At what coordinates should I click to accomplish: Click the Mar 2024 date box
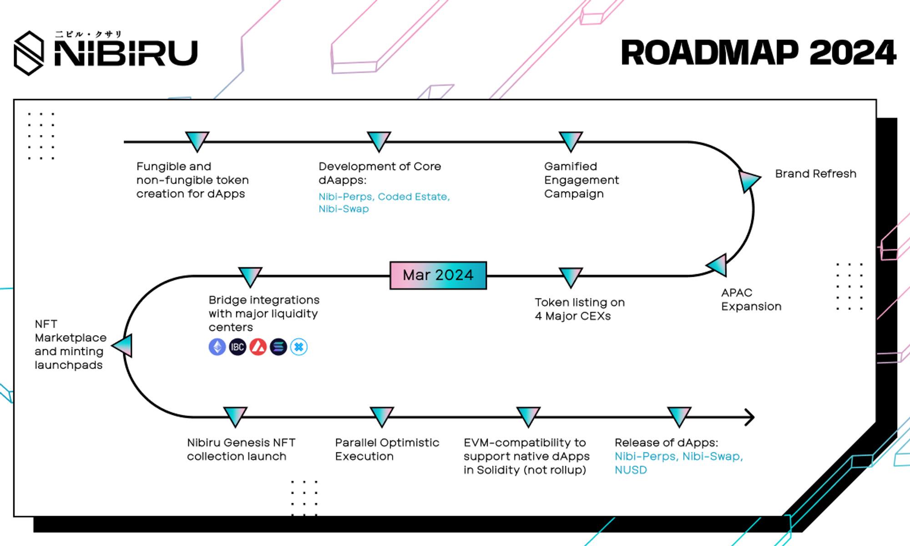pyautogui.click(x=438, y=275)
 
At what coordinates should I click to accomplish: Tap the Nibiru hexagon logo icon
pyautogui.click(x=29, y=53)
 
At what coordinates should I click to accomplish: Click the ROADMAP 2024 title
pyautogui.click(x=758, y=53)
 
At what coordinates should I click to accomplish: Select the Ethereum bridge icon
pyautogui.click(x=217, y=347)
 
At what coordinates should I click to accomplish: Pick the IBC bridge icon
pyautogui.click(x=238, y=347)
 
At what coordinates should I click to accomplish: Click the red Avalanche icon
pyautogui.click(x=258, y=347)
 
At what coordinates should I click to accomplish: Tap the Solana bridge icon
pyautogui.click(x=278, y=347)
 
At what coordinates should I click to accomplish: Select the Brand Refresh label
pyautogui.click(x=815, y=174)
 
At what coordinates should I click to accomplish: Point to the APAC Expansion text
pyautogui.click(x=751, y=299)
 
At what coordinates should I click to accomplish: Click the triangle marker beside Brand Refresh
pyautogui.click(x=748, y=181)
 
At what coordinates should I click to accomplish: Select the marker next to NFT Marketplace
pyautogui.click(x=123, y=346)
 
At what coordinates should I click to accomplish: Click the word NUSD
pyautogui.click(x=631, y=470)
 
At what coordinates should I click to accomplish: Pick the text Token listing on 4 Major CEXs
pyautogui.click(x=580, y=309)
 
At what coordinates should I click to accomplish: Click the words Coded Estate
pyautogui.click(x=414, y=197)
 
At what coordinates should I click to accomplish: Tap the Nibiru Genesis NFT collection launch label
pyautogui.click(x=241, y=450)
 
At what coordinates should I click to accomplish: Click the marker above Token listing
pyautogui.click(x=571, y=277)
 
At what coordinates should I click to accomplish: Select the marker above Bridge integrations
pyautogui.click(x=250, y=277)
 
